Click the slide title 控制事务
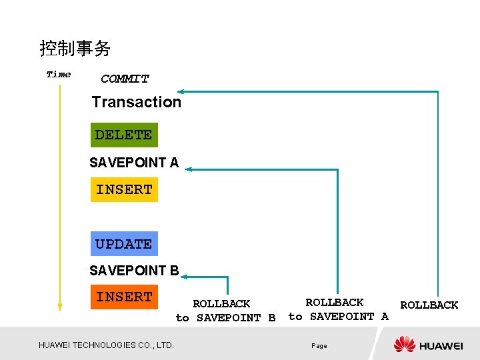click(x=75, y=49)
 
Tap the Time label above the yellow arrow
click(x=59, y=75)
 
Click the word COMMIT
click(x=125, y=79)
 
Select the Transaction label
click(x=137, y=102)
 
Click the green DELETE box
click(x=124, y=135)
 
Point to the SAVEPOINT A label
click(x=134, y=162)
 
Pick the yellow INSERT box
click(x=124, y=189)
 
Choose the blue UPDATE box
click(x=124, y=244)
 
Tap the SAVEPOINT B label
click(x=134, y=271)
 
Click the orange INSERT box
click(x=124, y=297)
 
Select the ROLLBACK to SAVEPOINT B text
click(x=225, y=311)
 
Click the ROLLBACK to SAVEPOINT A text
click(x=338, y=309)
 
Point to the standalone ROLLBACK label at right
click(x=429, y=305)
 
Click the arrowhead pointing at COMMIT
click(x=181, y=91)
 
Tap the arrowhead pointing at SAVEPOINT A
click(x=189, y=169)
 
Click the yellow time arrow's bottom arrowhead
click(x=60, y=307)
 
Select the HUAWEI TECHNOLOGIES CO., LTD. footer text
click(x=106, y=345)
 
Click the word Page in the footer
click(x=319, y=346)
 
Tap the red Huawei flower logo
click(x=405, y=344)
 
